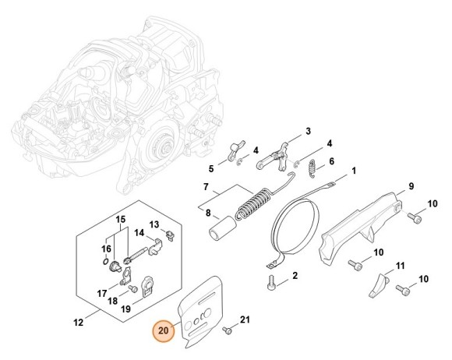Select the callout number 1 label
coord(354,171)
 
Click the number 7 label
coord(184,189)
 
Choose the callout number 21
coord(244,319)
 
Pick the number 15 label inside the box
coord(121,221)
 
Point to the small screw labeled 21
coord(226,330)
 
